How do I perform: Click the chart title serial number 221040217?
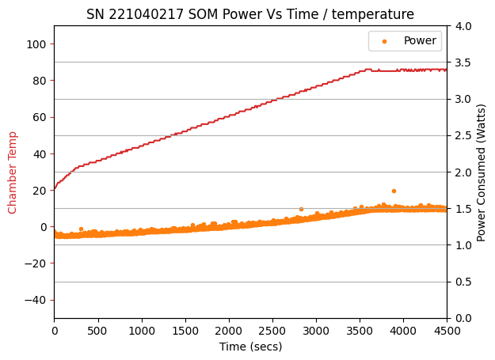click(x=146, y=14)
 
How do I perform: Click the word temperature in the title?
click(x=372, y=15)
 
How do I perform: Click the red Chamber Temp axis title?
click(x=12, y=172)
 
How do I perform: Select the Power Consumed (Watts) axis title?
click(x=481, y=172)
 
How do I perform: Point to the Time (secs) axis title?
click(x=250, y=347)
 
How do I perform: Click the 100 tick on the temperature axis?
click(x=36, y=44)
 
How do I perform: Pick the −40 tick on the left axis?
click(x=35, y=300)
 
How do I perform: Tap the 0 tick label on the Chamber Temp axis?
click(x=43, y=227)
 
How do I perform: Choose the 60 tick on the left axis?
click(x=40, y=117)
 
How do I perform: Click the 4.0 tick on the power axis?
click(x=463, y=26)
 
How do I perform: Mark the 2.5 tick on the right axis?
click(x=463, y=136)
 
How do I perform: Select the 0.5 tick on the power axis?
click(x=463, y=282)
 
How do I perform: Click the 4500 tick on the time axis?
click(x=447, y=331)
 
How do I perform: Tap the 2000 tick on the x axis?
click(x=229, y=331)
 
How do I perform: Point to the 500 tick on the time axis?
click(x=98, y=331)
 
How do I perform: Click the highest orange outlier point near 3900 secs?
click(x=394, y=191)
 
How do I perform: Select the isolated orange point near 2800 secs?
click(x=301, y=210)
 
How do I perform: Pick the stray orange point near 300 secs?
click(x=81, y=229)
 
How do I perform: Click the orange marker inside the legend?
click(x=384, y=41)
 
